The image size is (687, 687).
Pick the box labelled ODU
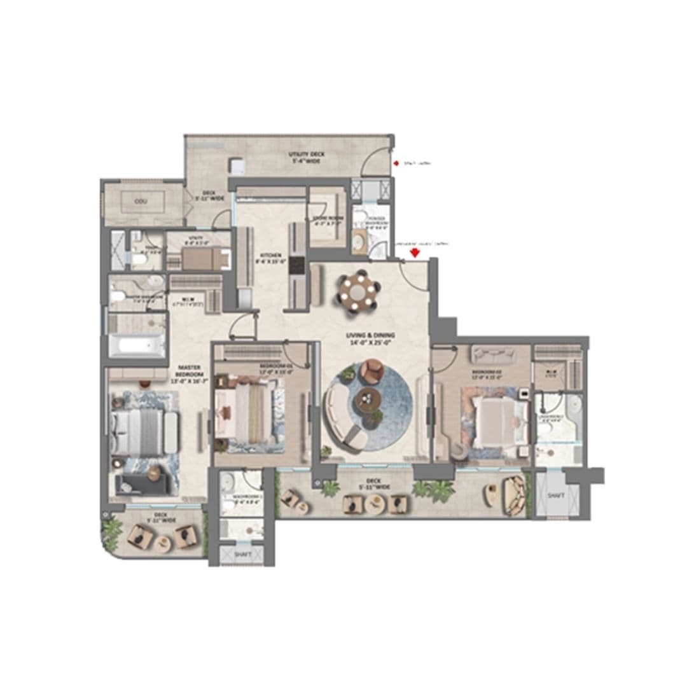click(141, 201)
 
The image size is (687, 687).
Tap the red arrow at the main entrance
click(415, 253)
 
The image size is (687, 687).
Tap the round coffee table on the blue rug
click(368, 399)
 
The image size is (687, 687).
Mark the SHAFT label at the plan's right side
click(554, 496)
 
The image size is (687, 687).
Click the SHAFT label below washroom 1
click(242, 555)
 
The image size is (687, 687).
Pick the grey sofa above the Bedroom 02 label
click(489, 353)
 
